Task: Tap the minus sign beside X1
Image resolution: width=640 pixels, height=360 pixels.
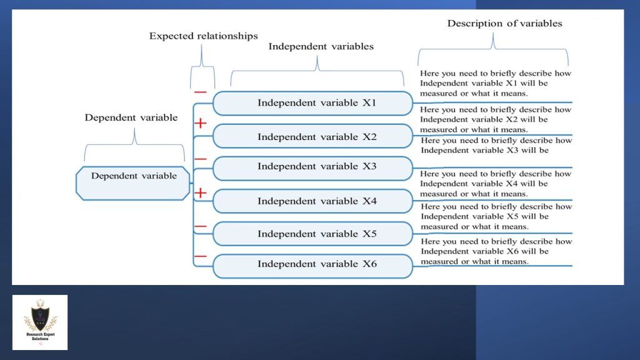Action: pyautogui.click(x=200, y=92)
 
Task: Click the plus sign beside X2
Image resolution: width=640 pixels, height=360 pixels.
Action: pyautogui.click(x=200, y=124)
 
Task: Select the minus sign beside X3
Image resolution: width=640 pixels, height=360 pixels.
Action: pyautogui.click(x=200, y=159)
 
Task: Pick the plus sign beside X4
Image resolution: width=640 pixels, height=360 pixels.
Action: pyautogui.click(x=200, y=193)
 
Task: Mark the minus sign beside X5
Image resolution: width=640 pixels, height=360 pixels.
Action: pyautogui.click(x=200, y=226)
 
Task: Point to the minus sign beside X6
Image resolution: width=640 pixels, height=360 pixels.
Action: pyautogui.click(x=200, y=256)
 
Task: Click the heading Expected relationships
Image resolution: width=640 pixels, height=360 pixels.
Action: pyautogui.click(x=203, y=36)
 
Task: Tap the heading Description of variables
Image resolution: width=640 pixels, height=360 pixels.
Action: pyautogui.click(x=504, y=24)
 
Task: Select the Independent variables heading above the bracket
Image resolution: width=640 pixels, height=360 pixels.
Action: pyautogui.click(x=321, y=47)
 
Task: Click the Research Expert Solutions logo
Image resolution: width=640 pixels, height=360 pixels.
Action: pyautogui.click(x=40, y=322)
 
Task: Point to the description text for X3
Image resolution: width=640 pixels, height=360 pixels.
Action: pyautogui.click(x=496, y=145)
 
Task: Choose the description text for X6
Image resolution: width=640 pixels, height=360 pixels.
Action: pyautogui.click(x=496, y=251)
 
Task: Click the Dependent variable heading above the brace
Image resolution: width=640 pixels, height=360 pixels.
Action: pyautogui.click(x=131, y=117)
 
